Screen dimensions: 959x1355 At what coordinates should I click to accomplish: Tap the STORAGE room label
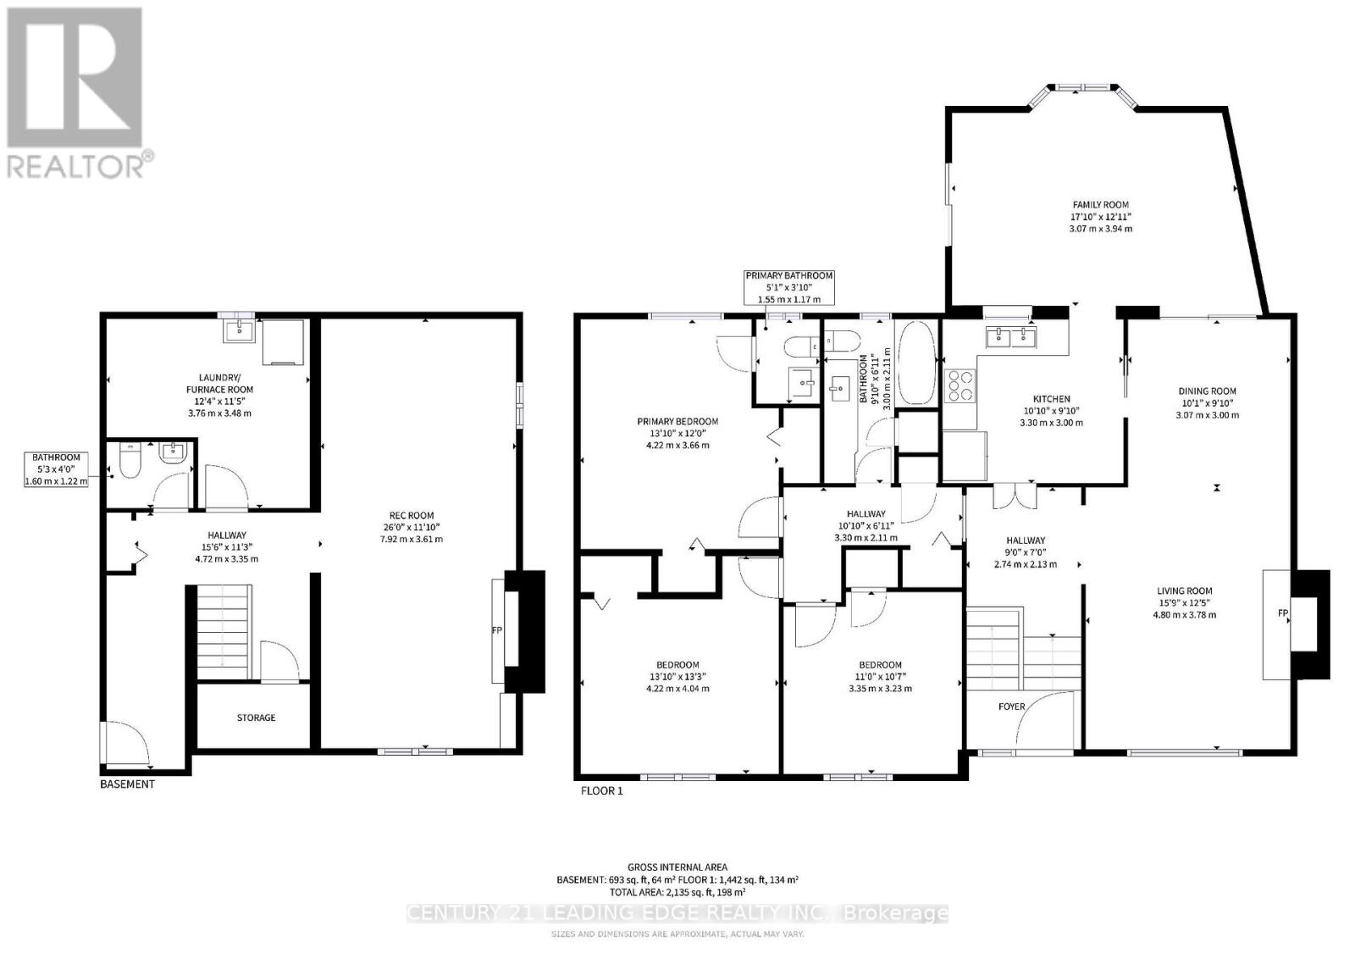tap(256, 718)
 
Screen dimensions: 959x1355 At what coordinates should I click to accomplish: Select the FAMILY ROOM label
tap(1100, 205)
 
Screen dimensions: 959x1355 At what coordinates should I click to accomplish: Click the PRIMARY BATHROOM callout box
tap(788, 287)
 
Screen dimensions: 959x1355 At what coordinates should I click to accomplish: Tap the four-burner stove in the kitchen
tap(961, 385)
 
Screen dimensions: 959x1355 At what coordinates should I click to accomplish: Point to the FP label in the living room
tap(1282, 612)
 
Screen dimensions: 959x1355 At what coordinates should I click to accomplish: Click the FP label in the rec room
tap(497, 630)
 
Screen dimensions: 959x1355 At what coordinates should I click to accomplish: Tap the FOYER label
tap(1011, 707)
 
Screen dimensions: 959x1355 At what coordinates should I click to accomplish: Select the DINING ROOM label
tap(1207, 391)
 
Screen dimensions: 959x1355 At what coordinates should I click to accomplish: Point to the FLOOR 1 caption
tap(601, 791)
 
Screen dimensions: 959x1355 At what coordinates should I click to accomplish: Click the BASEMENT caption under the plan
tap(127, 784)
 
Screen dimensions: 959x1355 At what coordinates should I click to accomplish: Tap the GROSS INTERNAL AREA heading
tap(677, 867)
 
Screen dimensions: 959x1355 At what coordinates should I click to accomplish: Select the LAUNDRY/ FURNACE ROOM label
tap(219, 384)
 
